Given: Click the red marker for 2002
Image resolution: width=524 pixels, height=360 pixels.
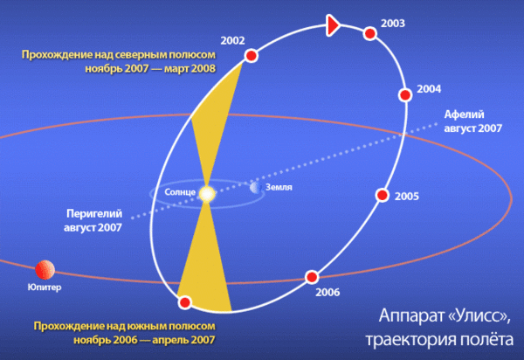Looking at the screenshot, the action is click(252, 56).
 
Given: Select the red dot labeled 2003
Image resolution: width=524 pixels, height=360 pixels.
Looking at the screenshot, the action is click(370, 33).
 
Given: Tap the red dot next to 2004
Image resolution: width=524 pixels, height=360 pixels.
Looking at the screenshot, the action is click(405, 95).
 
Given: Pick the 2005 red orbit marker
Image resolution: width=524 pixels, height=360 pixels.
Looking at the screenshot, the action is click(383, 195).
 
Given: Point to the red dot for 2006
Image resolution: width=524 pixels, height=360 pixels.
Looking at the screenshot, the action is click(312, 277).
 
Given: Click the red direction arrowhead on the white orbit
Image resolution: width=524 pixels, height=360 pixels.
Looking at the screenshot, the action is click(333, 25).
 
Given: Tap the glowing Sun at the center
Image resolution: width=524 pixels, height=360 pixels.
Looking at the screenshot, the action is click(207, 194).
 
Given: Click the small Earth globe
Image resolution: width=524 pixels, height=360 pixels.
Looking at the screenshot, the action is click(255, 188).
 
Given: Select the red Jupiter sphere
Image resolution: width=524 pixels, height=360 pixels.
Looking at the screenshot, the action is click(45, 270).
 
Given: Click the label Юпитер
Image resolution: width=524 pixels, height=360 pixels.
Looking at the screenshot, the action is click(45, 287).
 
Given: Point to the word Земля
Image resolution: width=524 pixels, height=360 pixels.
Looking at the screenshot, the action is click(279, 187).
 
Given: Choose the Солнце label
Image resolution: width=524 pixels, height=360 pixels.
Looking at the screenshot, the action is click(180, 192).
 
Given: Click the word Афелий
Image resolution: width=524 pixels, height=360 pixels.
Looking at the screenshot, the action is click(465, 114).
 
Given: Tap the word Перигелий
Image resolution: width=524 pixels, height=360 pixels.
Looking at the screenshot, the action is click(94, 213).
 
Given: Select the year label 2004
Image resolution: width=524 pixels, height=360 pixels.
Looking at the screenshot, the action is click(429, 89).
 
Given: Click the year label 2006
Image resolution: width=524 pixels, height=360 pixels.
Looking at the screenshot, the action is click(327, 292).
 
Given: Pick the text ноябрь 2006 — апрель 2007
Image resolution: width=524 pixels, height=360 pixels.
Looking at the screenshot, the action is click(144, 340).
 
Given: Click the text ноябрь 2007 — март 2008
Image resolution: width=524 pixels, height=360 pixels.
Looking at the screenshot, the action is click(150, 68).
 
